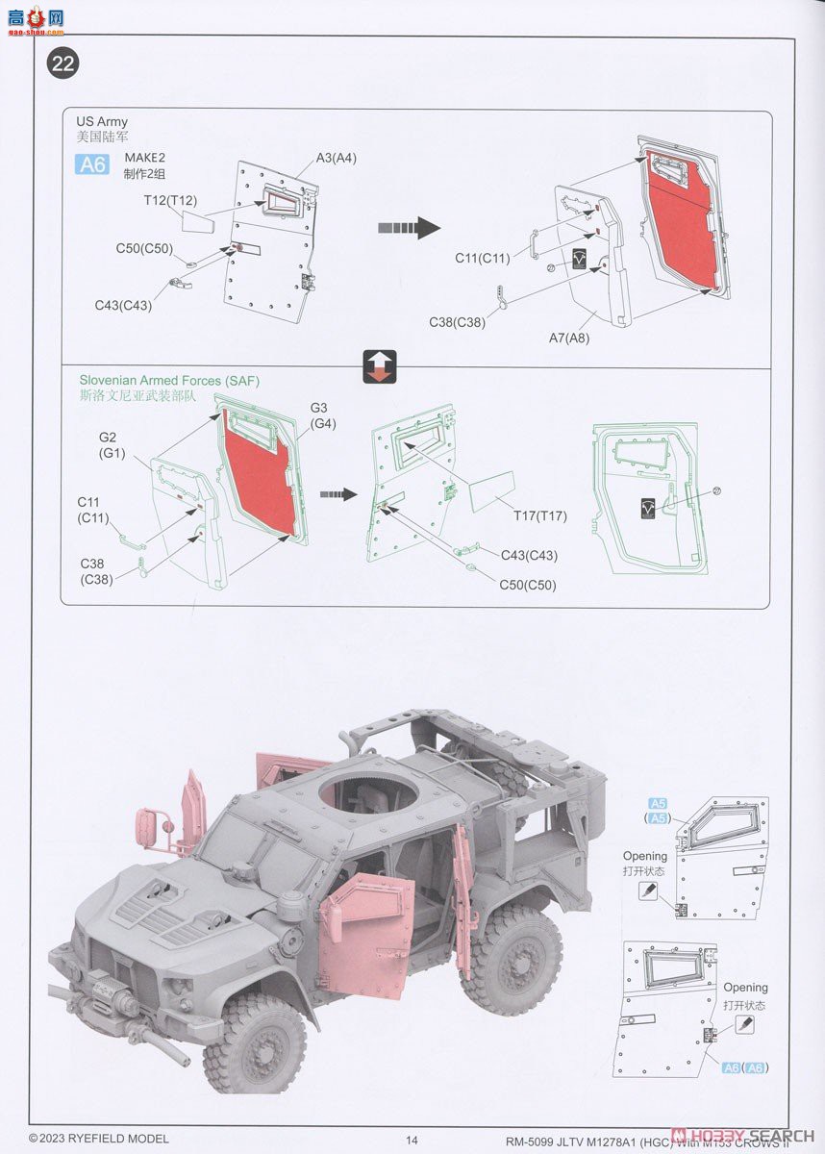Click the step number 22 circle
pyautogui.click(x=62, y=64)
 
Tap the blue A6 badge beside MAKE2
pyautogui.click(x=92, y=163)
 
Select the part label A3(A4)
pyautogui.click(x=336, y=158)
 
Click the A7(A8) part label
pyautogui.click(x=568, y=338)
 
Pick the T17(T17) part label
pyautogui.click(x=539, y=516)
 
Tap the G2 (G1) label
pyautogui.click(x=109, y=444)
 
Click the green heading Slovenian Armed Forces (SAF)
pyautogui.click(x=169, y=381)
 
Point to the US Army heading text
pyautogui.click(x=101, y=121)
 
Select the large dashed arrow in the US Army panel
pyautogui.click(x=408, y=228)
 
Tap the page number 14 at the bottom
pyautogui.click(x=412, y=1140)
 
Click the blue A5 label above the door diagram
pyautogui.click(x=658, y=804)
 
